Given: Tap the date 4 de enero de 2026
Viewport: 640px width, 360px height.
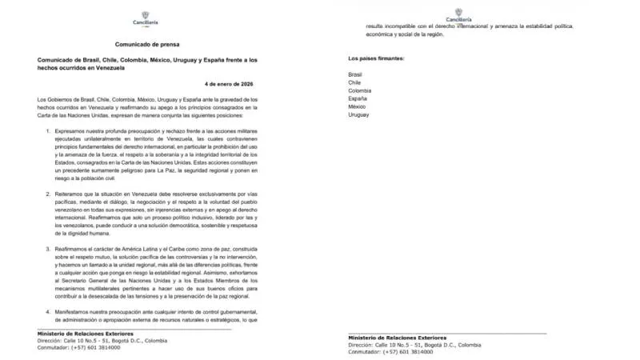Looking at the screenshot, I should [x=232, y=83].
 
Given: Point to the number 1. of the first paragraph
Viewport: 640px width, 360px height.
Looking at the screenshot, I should [x=49, y=129].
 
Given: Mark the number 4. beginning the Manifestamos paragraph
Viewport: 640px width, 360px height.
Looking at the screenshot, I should [x=49, y=310].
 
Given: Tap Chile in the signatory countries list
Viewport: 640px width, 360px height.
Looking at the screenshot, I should [x=355, y=83].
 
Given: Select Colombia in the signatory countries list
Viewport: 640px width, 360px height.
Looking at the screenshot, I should [x=360, y=91].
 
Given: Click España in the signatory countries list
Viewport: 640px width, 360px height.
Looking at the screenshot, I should [x=358, y=99].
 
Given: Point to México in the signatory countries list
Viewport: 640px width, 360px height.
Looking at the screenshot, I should [x=358, y=107].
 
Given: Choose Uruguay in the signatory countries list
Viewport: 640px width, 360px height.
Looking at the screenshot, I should [x=359, y=115].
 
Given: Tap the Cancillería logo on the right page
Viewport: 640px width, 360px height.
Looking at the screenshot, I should [x=458, y=14].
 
